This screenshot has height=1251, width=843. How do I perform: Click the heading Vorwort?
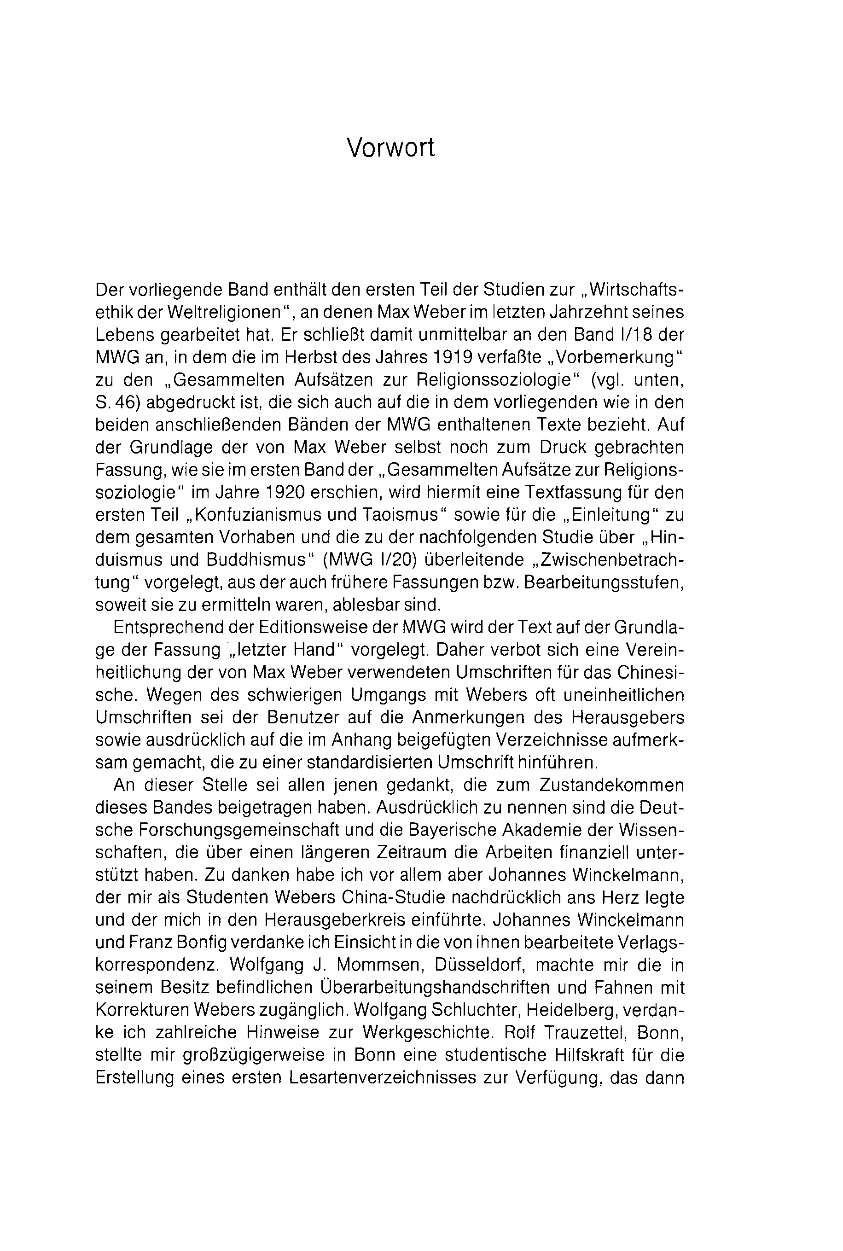click(x=390, y=147)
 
